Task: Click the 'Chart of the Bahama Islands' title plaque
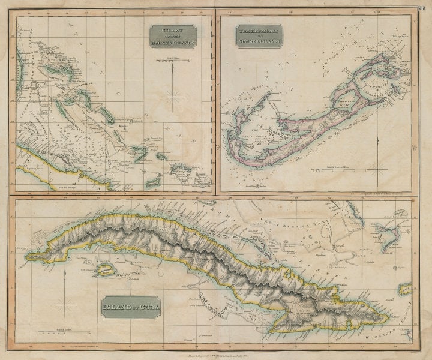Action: (173, 37)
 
